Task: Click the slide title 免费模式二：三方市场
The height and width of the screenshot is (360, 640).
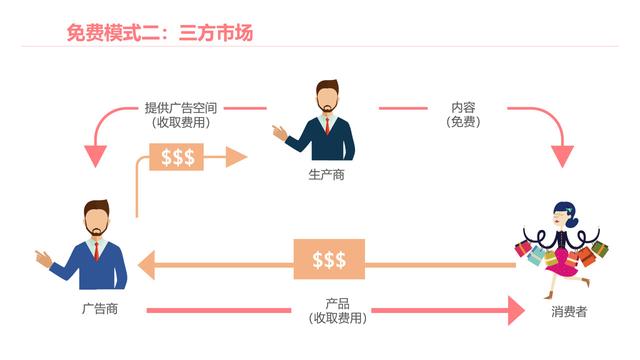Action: (x=159, y=33)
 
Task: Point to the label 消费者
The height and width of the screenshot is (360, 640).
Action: (x=567, y=312)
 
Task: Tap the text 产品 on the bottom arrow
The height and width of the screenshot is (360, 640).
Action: (x=337, y=304)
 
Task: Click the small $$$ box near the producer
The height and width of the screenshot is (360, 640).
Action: (x=177, y=156)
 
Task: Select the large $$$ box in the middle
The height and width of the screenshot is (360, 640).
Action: (x=329, y=260)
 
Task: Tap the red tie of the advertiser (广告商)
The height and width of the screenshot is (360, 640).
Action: (x=96, y=249)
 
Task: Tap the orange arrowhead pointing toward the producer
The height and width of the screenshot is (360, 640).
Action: (x=236, y=156)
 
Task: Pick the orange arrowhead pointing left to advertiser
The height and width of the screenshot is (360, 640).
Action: (x=146, y=264)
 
